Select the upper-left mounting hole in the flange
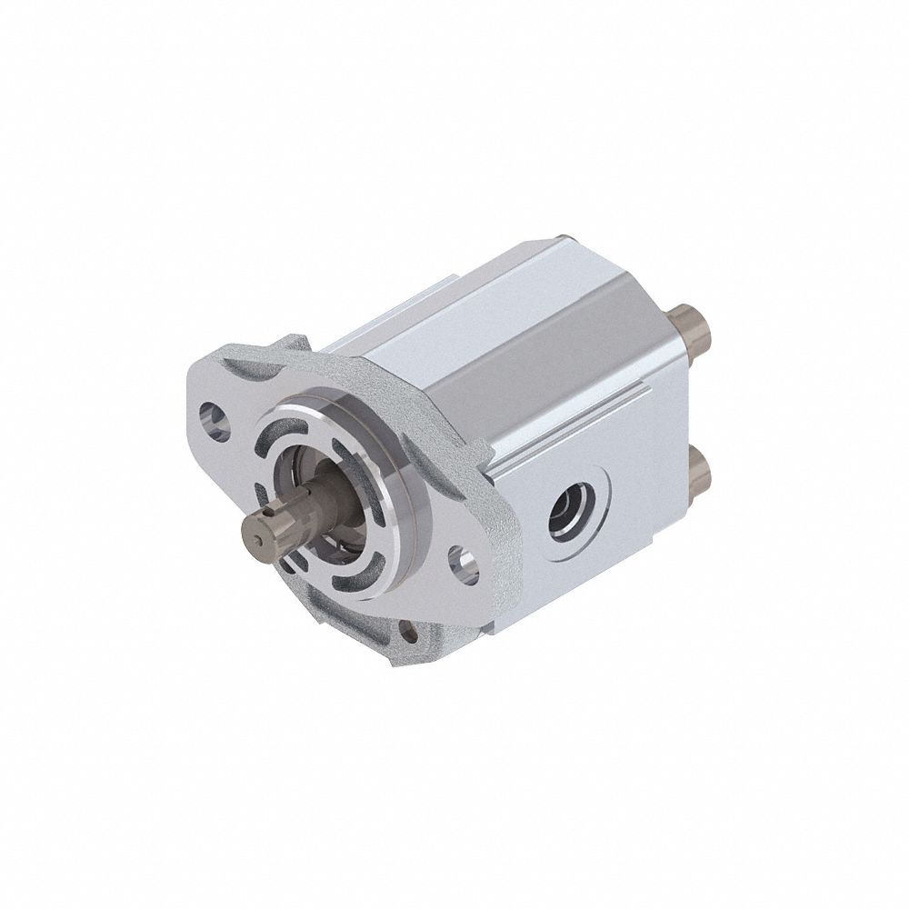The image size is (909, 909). point(214,418)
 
